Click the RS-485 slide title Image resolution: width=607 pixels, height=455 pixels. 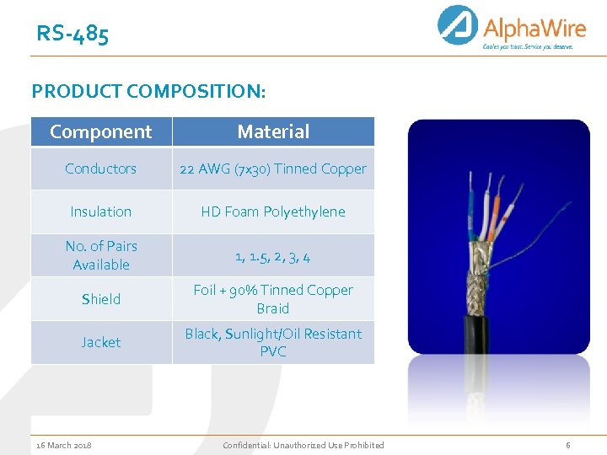pyautogui.click(x=73, y=35)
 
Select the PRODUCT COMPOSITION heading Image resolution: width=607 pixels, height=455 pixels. pyautogui.click(x=148, y=90)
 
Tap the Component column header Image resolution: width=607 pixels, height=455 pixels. pyautogui.click(x=101, y=131)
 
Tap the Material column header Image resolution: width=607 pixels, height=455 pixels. pyautogui.click(x=273, y=131)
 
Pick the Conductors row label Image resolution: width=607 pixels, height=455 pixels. pyautogui.click(x=101, y=169)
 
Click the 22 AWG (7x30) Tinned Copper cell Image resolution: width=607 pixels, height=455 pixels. pyautogui.click(x=273, y=169)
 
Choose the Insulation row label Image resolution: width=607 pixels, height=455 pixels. pyautogui.click(x=101, y=211)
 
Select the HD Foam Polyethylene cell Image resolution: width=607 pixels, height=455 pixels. pyautogui.click(x=273, y=211)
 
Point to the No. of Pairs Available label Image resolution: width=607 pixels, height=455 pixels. pyautogui.click(x=101, y=255)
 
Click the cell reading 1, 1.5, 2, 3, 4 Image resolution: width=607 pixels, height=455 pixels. pyautogui.click(x=273, y=256)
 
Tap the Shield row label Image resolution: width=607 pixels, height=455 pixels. pyautogui.click(x=101, y=299)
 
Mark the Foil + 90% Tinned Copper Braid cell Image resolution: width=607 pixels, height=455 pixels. pyautogui.click(x=273, y=299)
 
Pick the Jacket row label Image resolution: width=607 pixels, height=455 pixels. pyautogui.click(x=101, y=342)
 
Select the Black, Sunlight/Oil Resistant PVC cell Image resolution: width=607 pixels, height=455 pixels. pyautogui.click(x=273, y=342)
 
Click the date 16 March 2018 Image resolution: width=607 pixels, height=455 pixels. pyautogui.click(x=65, y=445)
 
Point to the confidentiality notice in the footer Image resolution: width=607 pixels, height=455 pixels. pyautogui.click(x=303, y=445)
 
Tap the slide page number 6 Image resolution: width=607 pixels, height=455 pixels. pyautogui.click(x=567, y=445)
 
